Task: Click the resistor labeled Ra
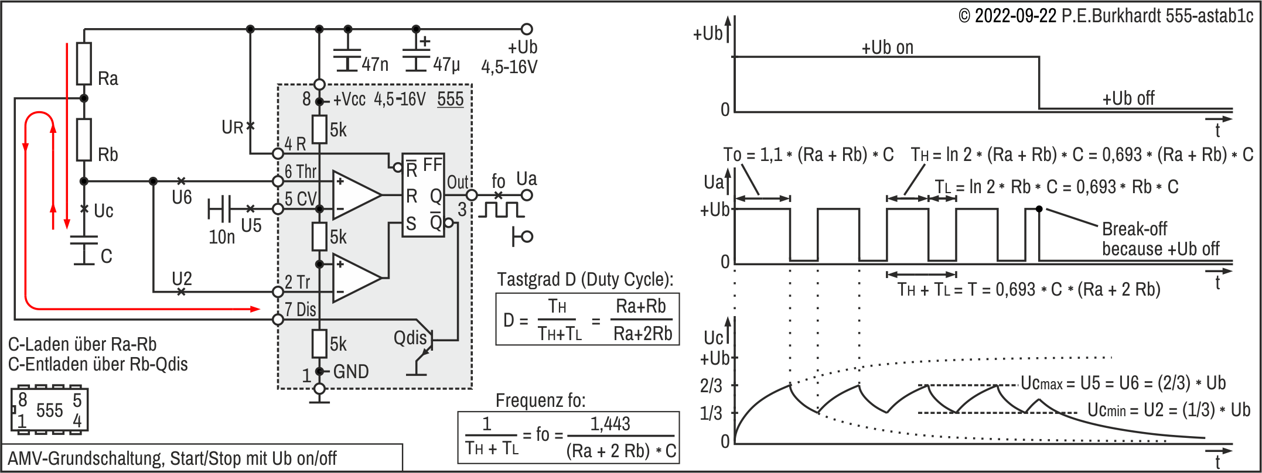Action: pos(84,63)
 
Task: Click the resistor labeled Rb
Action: pos(84,139)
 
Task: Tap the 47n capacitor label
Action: pos(375,64)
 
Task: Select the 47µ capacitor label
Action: pos(446,64)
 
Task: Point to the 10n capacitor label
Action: pos(221,237)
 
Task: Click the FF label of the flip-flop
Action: pos(432,165)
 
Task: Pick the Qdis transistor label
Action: pos(410,338)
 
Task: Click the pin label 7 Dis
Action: pos(300,310)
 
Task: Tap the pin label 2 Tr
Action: pos(297,282)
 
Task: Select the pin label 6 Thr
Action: pos(300,172)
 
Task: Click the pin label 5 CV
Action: pos(300,199)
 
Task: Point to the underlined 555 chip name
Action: pos(450,100)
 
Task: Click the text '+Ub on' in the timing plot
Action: pos(887,48)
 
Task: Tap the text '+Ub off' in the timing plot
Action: pos(1128,98)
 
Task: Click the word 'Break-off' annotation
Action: pos(1134,229)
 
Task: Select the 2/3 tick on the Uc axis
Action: pos(711,386)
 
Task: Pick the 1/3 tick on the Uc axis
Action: pos(711,414)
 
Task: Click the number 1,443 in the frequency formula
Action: pos(610,424)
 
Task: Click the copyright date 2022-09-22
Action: pos(1015,16)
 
